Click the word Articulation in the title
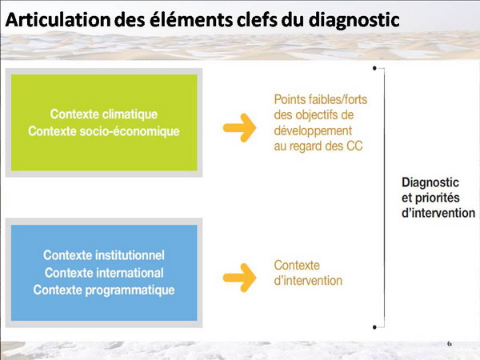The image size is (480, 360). (x=58, y=19)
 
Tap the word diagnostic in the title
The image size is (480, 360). (x=354, y=21)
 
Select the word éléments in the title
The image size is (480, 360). (x=191, y=19)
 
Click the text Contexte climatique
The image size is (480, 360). (x=104, y=114)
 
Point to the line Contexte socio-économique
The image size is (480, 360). (x=104, y=131)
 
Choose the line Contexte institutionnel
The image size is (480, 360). (x=104, y=255)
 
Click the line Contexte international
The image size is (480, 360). (x=104, y=273)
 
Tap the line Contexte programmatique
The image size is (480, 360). (x=104, y=290)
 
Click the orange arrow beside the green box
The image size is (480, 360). (x=239, y=128)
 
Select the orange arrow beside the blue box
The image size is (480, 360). (x=239, y=278)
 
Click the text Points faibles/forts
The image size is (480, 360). (x=321, y=99)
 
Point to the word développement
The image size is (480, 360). (x=313, y=131)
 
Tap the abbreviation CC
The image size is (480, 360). (x=354, y=146)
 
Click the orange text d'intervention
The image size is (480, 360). (x=308, y=281)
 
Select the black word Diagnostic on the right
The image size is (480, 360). (x=430, y=182)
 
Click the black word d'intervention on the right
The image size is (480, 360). (x=438, y=213)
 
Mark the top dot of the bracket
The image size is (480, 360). (x=374, y=68)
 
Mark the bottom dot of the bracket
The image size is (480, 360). (x=374, y=327)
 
